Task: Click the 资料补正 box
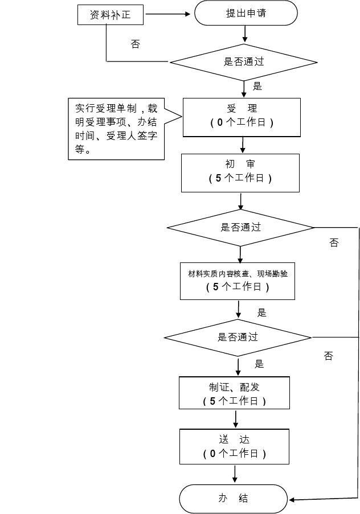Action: pyautogui.click(x=110, y=15)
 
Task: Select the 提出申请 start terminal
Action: pyautogui.click(x=246, y=13)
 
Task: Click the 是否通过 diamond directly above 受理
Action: pyautogui.click(x=244, y=61)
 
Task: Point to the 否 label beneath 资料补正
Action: pyautogui.click(x=135, y=44)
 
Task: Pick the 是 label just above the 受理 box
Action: pyautogui.click(x=257, y=87)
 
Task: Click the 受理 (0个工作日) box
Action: pyautogui.click(x=241, y=117)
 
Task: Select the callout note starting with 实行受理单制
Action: pyautogui.click(x=116, y=129)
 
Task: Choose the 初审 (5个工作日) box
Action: pyautogui.click(x=240, y=172)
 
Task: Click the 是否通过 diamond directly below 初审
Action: pyautogui.click(x=240, y=227)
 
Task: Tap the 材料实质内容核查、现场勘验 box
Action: pyautogui.click(x=238, y=280)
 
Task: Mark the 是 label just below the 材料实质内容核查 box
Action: pyautogui.click(x=261, y=312)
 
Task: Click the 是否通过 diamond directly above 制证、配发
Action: pyautogui.click(x=238, y=337)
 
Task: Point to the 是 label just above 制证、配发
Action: pyautogui.click(x=259, y=364)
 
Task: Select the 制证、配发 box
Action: pyautogui.click(x=234, y=393)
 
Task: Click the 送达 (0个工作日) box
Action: pyautogui.click(x=234, y=446)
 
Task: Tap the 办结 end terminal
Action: pyautogui.click(x=234, y=499)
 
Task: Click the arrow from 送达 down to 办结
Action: pyautogui.click(x=234, y=474)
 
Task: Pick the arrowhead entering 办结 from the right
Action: pyautogui.click(x=292, y=500)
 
